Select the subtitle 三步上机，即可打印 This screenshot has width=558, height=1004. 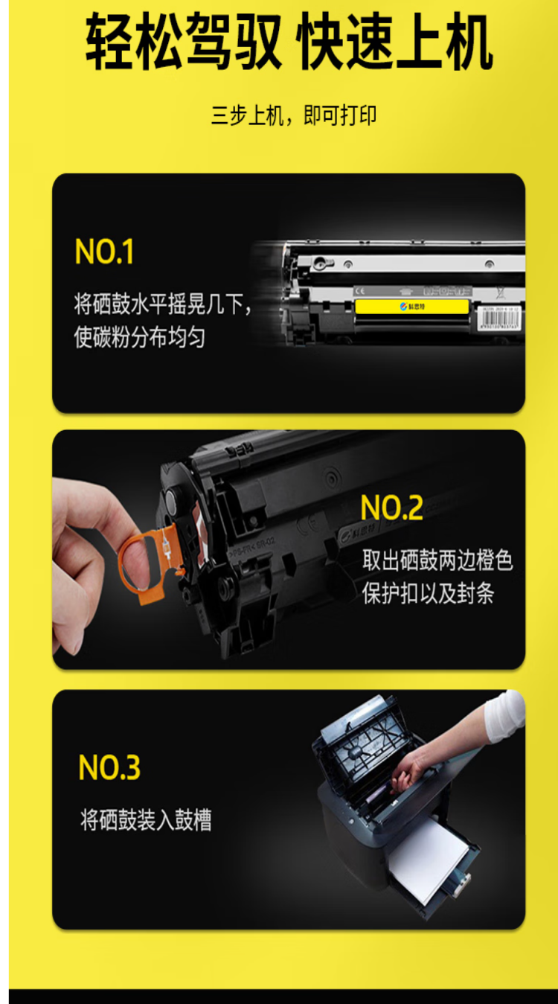pyautogui.click(x=293, y=115)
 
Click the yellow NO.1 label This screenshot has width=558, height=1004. pyautogui.click(x=104, y=253)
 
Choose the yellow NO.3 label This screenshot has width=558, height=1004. pyautogui.click(x=109, y=768)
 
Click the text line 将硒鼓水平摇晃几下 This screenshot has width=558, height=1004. pyautogui.click(x=162, y=304)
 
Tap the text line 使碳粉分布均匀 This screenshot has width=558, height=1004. pyautogui.click(x=139, y=337)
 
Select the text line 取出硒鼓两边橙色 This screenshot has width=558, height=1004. pyautogui.click(x=437, y=560)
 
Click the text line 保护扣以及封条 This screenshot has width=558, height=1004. pyautogui.click(x=428, y=593)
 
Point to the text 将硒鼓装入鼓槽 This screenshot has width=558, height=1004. pyautogui.click(x=146, y=820)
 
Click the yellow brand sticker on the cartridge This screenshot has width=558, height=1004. pyautogui.click(x=411, y=307)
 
